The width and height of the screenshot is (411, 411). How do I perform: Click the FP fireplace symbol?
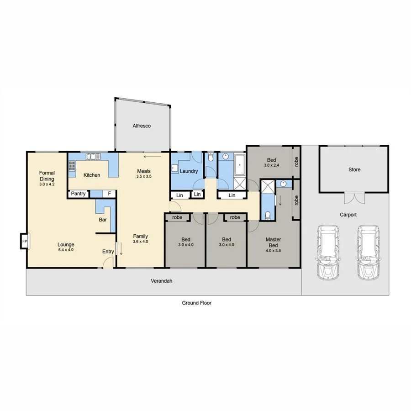25,242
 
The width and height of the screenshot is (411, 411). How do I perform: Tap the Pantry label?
79,194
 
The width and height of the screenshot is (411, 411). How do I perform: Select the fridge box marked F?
109,194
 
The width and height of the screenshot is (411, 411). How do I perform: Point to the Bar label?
103,220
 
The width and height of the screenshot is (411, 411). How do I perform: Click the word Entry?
108,252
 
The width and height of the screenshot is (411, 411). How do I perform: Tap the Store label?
354,169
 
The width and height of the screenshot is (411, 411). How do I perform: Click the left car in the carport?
328,252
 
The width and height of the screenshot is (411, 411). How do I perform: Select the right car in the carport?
369,252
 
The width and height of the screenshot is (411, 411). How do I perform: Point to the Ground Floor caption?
196,303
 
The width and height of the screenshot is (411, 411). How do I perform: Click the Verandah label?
163,281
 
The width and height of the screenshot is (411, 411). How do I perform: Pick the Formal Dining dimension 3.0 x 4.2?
47,184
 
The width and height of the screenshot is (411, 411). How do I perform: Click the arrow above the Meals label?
152,157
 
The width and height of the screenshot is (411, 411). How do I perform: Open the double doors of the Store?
354,198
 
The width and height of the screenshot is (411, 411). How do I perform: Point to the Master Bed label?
273,242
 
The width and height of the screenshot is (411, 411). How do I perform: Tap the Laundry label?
188,171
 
